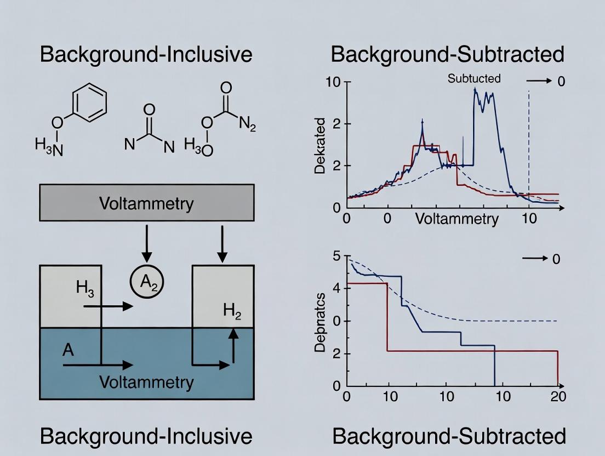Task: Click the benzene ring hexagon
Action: tap(89, 104)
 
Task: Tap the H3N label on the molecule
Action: tap(49, 146)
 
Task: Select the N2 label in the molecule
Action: tap(247, 126)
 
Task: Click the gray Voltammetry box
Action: tap(146, 203)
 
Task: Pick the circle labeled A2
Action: tap(146, 283)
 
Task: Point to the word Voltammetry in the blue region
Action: tap(146, 382)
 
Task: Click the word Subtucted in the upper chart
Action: tap(474, 78)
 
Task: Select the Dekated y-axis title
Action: tap(321, 145)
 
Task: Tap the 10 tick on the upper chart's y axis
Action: tap(333, 82)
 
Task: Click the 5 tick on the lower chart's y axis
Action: tap(336, 256)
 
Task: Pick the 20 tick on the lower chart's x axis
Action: tap(558, 396)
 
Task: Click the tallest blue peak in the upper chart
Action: tap(475, 90)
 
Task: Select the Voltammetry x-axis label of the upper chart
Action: tap(456, 219)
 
